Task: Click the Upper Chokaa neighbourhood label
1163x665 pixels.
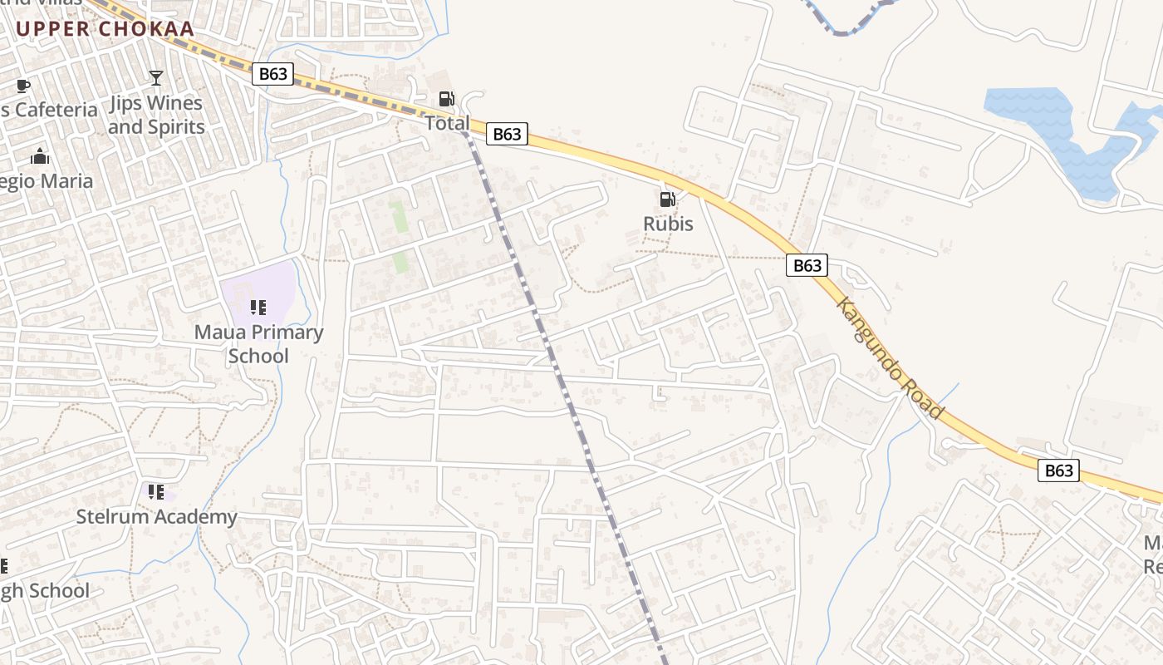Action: click(x=105, y=29)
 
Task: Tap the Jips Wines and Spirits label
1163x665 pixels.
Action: click(x=156, y=115)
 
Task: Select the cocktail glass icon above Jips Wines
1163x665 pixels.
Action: click(x=156, y=78)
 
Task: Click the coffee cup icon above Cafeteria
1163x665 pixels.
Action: click(x=23, y=85)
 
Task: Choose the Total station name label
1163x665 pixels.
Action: click(x=447, y=123)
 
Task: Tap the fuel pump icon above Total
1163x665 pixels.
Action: click(x=446, y=99)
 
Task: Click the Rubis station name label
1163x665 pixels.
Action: click(x=668, y=224)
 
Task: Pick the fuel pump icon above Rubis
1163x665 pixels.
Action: click(x=667, y=199)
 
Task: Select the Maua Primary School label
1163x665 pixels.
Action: click(x=258, y=344)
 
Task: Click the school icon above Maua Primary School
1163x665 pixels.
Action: click(x=258, y=308)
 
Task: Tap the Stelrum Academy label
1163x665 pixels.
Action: click(x=157, y=516)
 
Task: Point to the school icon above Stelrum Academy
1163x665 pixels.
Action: click(x=156, y=492)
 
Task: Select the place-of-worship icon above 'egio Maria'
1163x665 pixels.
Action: click(x=40, y=156)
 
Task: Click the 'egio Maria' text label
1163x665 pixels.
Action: click(x=47, y=181)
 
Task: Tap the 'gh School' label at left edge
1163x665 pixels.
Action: click(x=45, y=591)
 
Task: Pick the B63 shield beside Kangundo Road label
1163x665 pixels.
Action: click(x=807, y=265)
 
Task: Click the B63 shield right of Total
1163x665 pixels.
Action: click(x=507, y=134)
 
